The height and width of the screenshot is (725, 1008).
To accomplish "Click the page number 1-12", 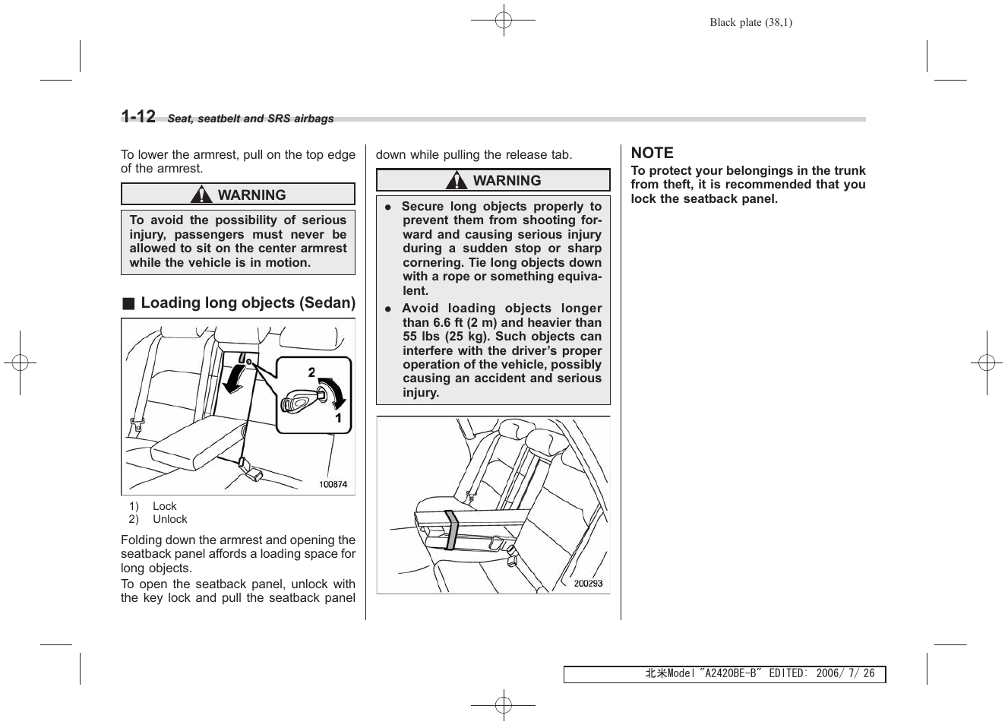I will (x=138, y=116).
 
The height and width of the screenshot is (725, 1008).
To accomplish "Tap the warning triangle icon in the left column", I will (x=201, y=195).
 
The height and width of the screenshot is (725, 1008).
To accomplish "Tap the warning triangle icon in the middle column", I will (x=457, y=181).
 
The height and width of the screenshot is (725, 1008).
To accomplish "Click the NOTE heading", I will (x=652, y=153).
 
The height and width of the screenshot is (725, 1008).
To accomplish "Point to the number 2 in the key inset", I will (x=311, y=372).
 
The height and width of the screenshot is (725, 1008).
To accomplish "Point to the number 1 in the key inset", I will (x=338, y=419).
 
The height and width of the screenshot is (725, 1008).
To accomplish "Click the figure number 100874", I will (x=333, y=484).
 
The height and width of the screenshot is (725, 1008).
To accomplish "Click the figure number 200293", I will (x=588, y=583).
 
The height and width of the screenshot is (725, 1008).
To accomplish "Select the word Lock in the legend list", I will (x=164, y=506).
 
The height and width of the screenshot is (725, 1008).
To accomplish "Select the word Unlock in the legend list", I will (x=169, y=519).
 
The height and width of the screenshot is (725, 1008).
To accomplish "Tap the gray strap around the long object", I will (x=451, y=530).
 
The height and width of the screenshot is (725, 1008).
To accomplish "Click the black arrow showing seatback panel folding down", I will (x=235, y=378).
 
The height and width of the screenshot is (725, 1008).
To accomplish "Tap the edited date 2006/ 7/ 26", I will (x=845, y=674).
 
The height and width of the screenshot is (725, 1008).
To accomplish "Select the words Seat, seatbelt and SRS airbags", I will (x=250, y=119).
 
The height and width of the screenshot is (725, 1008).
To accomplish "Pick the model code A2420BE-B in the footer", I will (x=730, y=674).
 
